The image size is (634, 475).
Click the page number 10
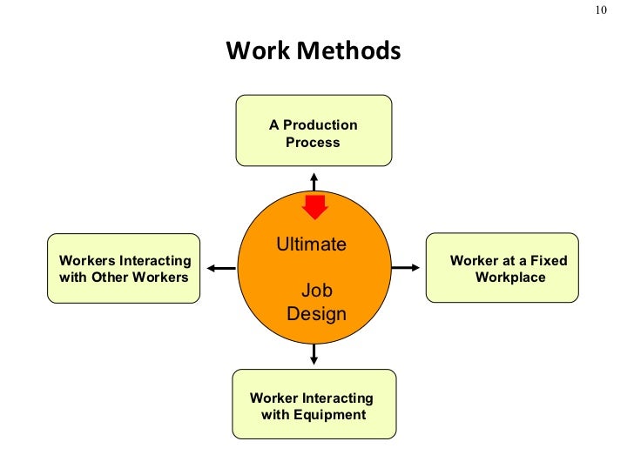click(x=601, y=10)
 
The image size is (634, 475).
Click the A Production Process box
click(x=314, y=130)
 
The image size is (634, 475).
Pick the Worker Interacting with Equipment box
click(x=314, y=404)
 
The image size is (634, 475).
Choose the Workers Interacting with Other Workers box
click(x=124, y=268)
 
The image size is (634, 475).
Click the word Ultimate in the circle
click(x=311, y=244)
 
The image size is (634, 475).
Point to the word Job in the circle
click(x=316, y=291)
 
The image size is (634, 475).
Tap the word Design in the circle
click(x=316, y=313)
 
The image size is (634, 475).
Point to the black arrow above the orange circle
click(x=314, y=181)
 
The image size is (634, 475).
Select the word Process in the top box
click(x=313, y=142)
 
